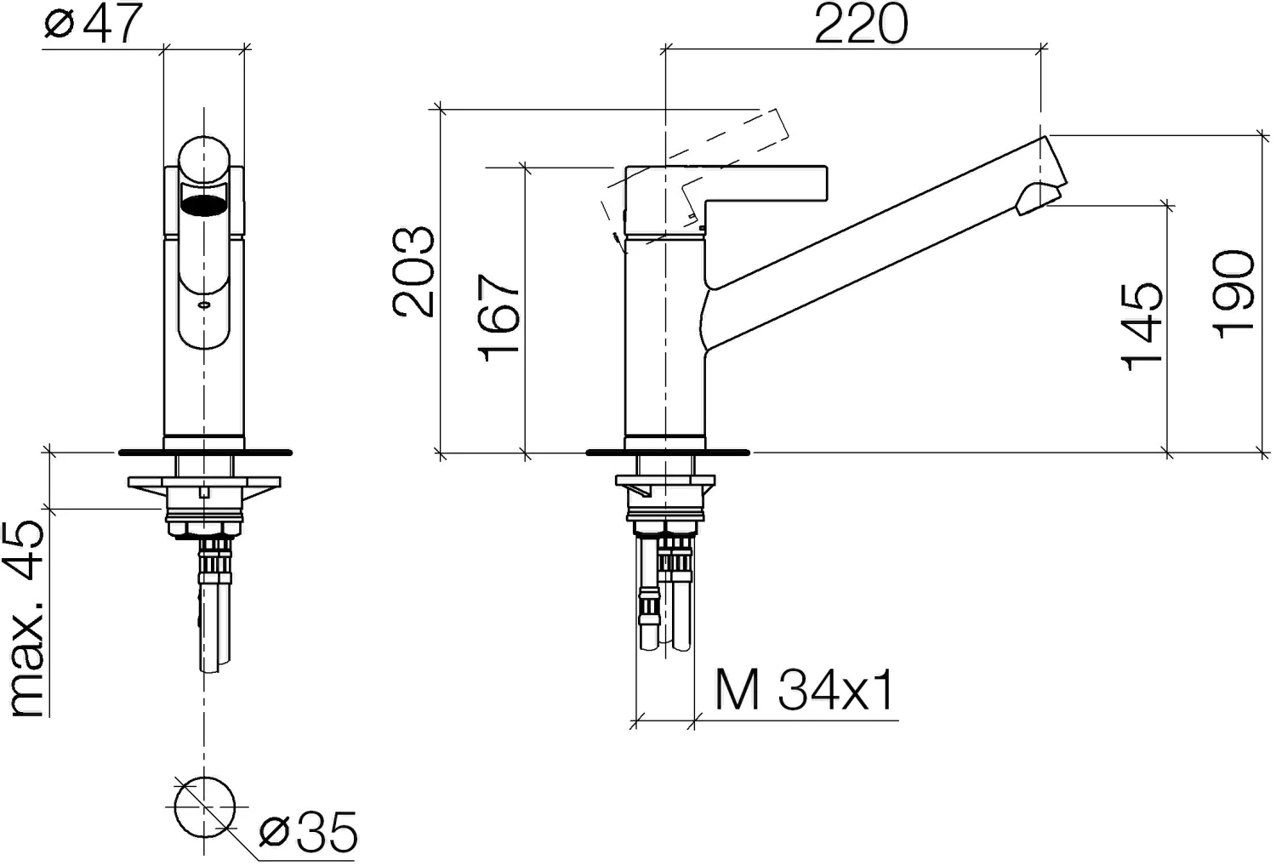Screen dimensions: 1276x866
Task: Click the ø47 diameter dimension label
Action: coord(93,23)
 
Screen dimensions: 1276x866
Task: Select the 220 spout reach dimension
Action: coord(861,24)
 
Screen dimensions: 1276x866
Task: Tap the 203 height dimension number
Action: coord(413,271)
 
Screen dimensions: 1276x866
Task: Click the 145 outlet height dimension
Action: coord(1141,328)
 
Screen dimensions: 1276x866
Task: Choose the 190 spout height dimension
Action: coord(1233,294)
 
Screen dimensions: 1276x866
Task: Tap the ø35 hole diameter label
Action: coord(308,832)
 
